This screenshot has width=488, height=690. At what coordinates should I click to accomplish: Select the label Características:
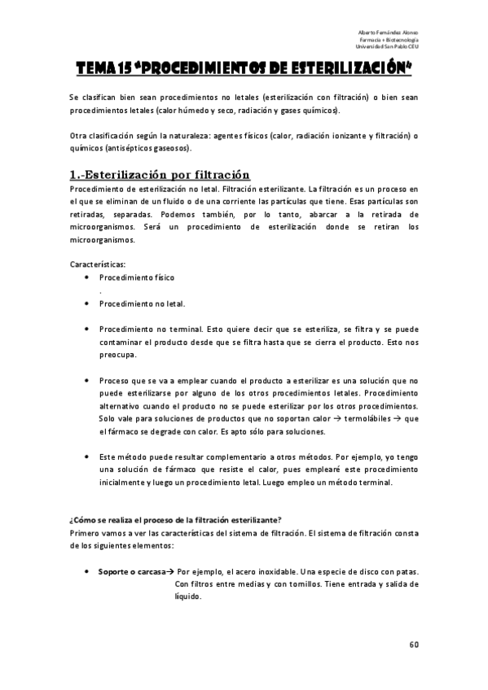tap(98, 264)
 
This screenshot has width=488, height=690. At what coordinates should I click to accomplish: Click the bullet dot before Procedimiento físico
tap(86, 277)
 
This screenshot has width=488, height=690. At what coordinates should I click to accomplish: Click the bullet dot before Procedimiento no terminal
tap(86, 330)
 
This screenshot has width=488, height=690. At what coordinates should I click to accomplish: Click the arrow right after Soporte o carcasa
tap(170, 572)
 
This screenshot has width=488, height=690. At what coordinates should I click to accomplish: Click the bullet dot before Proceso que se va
tap(86, 381)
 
